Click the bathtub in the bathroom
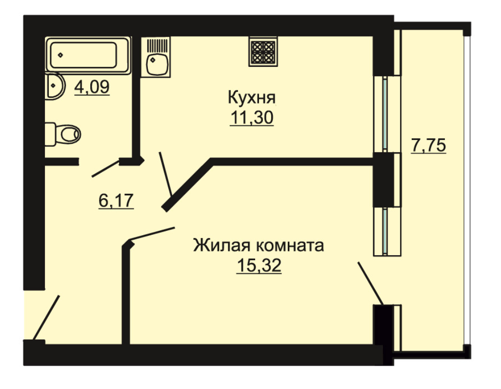(x=88, y=55)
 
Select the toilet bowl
(x=62, y=134)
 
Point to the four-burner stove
(x=263, y=51)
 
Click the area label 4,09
(x=92, y=87)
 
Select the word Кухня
(x=252, y=97)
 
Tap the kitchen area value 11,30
(x=252, y=118)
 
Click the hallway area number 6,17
(x=116, y=201)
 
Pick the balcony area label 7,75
(x=428, y=146)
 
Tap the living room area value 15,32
(x=259, y=266)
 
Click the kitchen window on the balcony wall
(x=387, y=114)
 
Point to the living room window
(x=387, y=231)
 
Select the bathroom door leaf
(x=106, y=168)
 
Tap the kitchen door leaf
(x=165, y=174)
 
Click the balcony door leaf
(x=371, y=284)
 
